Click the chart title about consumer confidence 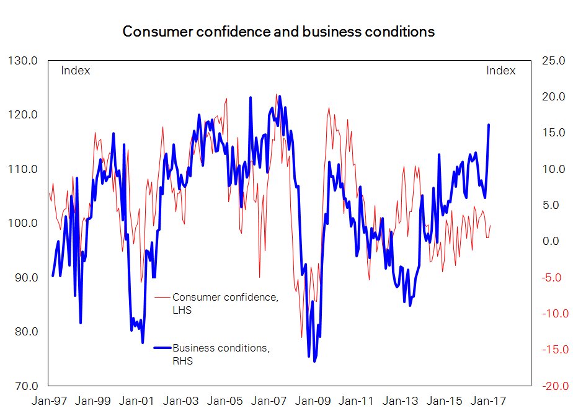(x=278, y=32)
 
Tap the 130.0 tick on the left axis (x=23, y=61)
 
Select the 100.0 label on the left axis (x=23, y=223)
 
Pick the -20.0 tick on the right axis (x=551, y=386)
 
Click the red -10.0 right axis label (x=551, y=314)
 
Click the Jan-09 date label (x=312, y=401)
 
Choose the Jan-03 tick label (x=180, y=401)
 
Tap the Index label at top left (x=76, y=71)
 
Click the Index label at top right (x=500, y=71)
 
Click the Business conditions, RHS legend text (x=221, y=355)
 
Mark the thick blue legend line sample (x=162, y=348)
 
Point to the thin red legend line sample (x=162, y=298)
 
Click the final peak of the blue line (x=489, y=125)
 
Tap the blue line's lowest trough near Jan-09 (x=314, y=361)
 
